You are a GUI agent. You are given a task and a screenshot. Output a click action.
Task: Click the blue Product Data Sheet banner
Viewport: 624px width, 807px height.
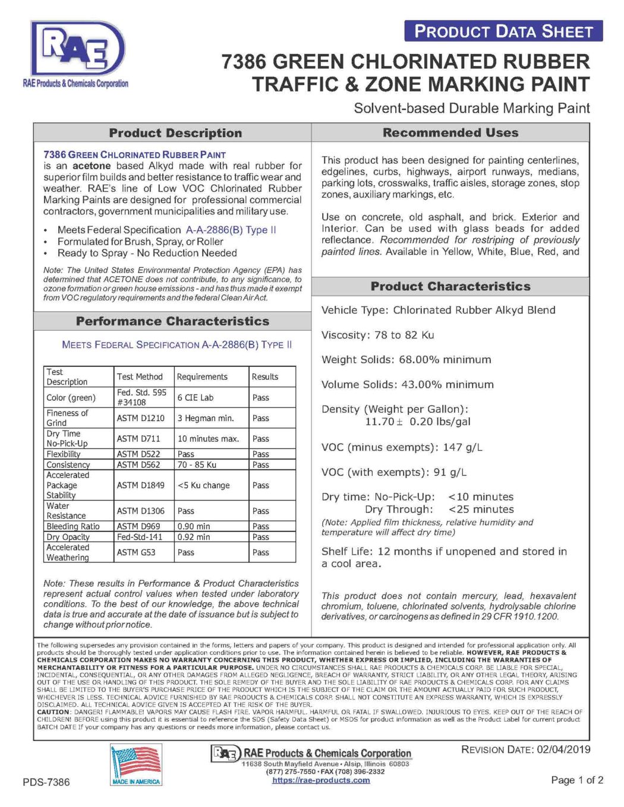point(503,31)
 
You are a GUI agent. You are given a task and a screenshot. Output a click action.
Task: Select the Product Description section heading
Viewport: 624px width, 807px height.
point(175,133)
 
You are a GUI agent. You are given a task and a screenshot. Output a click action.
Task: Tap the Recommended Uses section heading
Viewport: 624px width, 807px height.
point(450,132)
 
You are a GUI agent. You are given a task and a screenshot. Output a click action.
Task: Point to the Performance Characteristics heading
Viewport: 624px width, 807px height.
point(172,321)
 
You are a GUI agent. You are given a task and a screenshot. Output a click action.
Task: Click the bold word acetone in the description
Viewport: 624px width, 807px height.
point(92,166)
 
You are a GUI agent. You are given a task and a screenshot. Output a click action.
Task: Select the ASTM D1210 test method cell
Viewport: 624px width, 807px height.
point(141,418)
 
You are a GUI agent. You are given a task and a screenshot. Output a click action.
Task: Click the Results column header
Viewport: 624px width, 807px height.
point(265,376)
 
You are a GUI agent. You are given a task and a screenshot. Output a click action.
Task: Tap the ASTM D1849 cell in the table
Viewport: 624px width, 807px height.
point(141,485)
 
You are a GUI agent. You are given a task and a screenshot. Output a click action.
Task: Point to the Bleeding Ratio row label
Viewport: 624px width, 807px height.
point(73,526)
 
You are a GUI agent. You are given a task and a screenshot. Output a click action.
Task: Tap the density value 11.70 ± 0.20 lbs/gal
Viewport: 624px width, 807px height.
point(417,422)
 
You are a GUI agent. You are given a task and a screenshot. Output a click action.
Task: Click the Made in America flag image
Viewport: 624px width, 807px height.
point(136,765)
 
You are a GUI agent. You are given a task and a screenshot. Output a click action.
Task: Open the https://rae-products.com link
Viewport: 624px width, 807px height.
point(321,780)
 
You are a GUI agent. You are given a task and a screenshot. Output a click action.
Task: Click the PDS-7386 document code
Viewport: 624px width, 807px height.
point(46,782)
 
